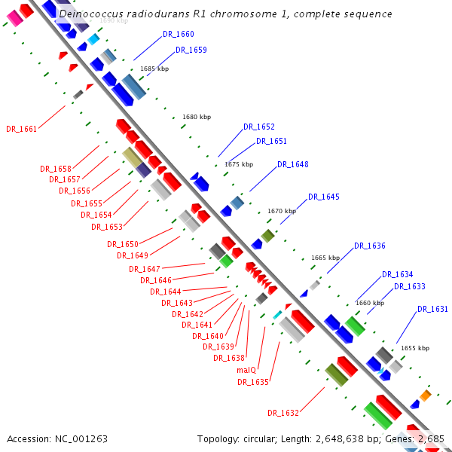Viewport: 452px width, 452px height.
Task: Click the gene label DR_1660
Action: pos(179,35)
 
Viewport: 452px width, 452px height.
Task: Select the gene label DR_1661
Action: pos(21,129)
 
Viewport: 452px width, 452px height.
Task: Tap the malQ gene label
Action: pos(247,370)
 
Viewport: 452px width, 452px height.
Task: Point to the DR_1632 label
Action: pos(283,413)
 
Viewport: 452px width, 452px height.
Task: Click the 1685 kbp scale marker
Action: pos(154,69)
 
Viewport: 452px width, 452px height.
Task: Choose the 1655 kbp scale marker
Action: pos(415,348)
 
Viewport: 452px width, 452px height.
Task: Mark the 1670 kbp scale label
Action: pos(282,211)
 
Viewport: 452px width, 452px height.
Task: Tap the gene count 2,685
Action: pos(431,438)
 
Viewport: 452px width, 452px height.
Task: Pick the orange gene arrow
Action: pos(425,395)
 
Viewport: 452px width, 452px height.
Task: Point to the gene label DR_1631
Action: pos(432,309)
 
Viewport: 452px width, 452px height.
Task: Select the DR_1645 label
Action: pos(324,197)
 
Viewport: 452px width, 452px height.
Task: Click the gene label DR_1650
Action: pos(123,244)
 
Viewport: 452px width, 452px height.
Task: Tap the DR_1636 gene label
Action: pos(370,246)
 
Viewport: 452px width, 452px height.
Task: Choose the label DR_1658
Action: pos(56,169)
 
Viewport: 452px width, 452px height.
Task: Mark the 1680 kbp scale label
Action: pos(197,117)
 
